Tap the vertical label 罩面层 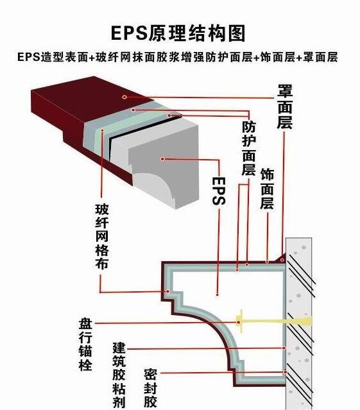click(x=285, y=105)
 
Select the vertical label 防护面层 click(x=248, y=148)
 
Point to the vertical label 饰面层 click(x=266, y=189)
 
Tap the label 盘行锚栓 click(x=85, y=344)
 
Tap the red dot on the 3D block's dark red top click(x=124, y=97)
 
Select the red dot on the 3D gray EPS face click(x=164, y=158)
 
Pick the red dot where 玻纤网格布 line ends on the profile click(x=169, y=292)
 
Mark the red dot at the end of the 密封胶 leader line click(x=284, y=372)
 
